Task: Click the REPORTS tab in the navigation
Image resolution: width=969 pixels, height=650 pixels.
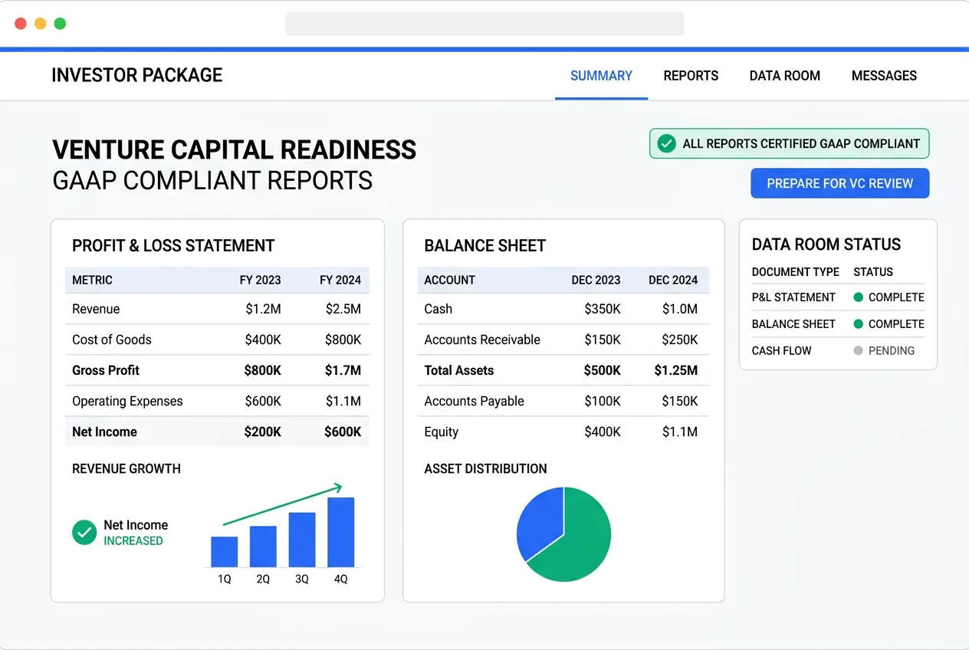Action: point(691,76)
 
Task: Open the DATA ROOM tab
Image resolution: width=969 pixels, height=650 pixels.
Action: point(784,76)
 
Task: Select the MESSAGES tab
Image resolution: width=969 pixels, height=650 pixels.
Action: point(884,76)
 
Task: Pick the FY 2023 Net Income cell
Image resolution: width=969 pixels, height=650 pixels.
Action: point(262,432)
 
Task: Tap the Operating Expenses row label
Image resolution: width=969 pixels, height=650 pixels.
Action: point(127,401)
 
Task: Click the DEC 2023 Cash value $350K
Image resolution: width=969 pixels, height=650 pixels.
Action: point(602,309)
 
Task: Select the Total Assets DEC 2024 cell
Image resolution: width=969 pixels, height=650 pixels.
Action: point(675,370)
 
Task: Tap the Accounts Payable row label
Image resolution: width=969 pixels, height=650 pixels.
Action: point(474,401)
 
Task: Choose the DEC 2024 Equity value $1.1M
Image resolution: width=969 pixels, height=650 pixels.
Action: point(679,432)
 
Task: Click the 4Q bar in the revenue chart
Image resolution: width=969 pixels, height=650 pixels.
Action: point(340,532)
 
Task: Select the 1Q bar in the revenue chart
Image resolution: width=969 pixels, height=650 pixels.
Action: point(224,551)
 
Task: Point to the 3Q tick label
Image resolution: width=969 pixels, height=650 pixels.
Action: point(302,579)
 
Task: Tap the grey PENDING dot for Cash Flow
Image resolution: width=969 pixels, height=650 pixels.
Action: point(859,350)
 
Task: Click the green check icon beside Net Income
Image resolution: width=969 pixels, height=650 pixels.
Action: point(84,532)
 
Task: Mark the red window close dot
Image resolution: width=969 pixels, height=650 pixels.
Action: point(21,24)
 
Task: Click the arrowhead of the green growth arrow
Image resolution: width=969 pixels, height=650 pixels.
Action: point(337,487)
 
